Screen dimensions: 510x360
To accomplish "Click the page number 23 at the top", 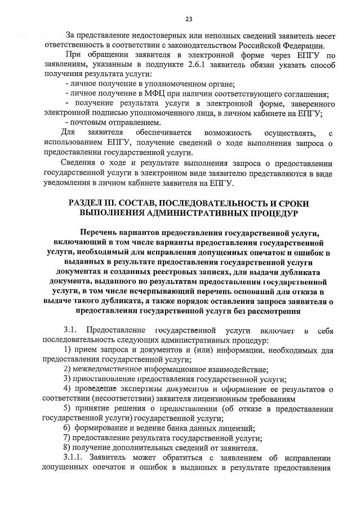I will (180, 19).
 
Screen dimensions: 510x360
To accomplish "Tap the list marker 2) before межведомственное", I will (67, 369).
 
